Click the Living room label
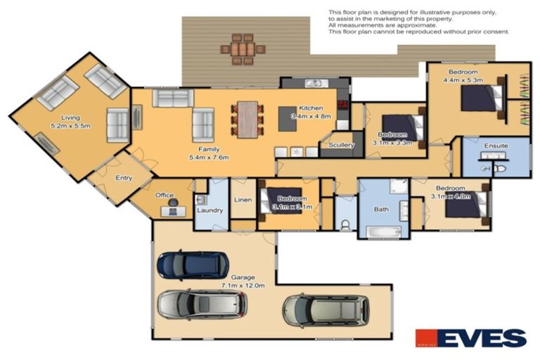click(70, 117)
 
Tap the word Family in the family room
click(206, 150)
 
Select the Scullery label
click(340, 146)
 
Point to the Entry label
click(124, 178)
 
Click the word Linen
click(243, 199)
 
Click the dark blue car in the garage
click(188, 265)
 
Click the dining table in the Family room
click(247, 115)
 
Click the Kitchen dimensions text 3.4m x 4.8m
click(310, 116)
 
